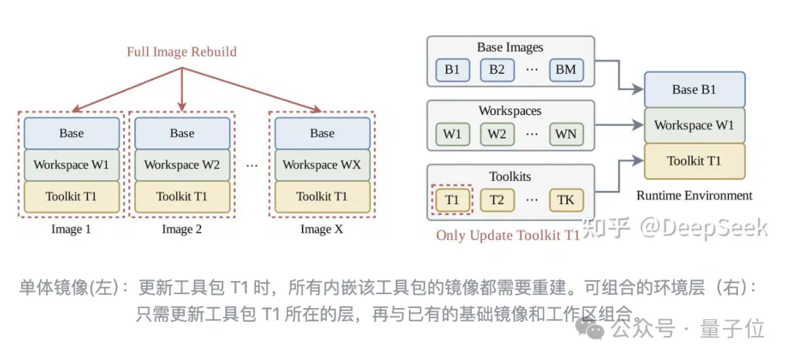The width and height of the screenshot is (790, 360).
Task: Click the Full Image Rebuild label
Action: click(181, 52)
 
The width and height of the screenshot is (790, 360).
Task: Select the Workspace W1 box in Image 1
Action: click(72, 165)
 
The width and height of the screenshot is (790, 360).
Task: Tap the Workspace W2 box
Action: click(182, 165)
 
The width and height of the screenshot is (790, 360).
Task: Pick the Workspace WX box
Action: click(322, 165)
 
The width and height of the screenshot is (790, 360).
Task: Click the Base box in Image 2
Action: click(182, 133)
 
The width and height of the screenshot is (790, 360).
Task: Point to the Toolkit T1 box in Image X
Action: click(322, 197)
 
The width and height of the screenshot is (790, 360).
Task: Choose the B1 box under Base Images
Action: click(452, 70)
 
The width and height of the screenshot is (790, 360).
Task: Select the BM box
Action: click(566, 70)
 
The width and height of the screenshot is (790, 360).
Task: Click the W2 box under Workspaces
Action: click(496, 134)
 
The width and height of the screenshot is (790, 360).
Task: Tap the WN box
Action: click(566, 134)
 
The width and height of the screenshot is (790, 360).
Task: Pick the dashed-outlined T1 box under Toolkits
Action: click(452, 200)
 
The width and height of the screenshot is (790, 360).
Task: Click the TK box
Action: click(566, 200)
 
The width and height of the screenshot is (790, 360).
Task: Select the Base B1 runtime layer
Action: click(694, 90)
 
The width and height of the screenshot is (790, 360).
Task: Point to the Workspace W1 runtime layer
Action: click(694, 126)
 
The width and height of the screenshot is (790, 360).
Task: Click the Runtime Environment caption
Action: click(694, 195)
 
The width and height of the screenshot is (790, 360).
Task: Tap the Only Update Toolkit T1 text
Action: click(508, 236)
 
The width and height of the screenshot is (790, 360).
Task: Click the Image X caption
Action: click(322, 230)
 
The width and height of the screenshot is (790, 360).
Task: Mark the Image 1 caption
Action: click(72, 230)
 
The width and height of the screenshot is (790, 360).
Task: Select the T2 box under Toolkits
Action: click(496, 200)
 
